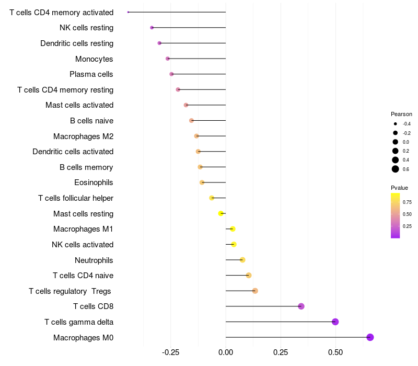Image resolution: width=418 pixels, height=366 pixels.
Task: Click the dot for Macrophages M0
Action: click(370, 337)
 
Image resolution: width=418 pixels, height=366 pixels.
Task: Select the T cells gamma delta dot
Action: click(335, 322)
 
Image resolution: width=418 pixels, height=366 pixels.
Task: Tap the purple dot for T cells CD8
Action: click(301, 306)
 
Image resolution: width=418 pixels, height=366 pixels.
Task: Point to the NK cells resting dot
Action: click(152, 28)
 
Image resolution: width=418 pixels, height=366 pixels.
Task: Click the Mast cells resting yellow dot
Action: click(221, 213)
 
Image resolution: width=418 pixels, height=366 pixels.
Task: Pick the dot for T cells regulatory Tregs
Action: click(255, 291)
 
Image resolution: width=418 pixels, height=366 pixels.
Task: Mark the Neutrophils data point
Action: click(242, 260)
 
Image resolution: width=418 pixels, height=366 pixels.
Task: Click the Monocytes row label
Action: click(94, 59)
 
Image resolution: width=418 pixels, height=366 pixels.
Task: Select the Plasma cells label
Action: click(91, 74)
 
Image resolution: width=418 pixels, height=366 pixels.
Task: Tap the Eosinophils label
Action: click(94, 182)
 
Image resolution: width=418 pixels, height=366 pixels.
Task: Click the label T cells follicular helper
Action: click(76, 198)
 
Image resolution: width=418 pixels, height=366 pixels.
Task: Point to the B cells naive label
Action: click(91, 121)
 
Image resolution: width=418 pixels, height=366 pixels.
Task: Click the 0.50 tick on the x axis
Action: click(335, 353)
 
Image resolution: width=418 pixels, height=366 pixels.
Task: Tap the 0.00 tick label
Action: click(226, 353)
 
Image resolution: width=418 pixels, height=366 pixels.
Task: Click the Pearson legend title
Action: click(401, 114)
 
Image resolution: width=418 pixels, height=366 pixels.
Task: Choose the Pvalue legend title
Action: click(399, 188)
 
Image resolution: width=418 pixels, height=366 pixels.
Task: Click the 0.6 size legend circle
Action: click(396, 169)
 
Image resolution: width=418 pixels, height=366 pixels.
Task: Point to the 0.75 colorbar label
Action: click(408, 202)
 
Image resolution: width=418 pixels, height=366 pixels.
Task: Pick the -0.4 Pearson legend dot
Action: click(396, 124)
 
